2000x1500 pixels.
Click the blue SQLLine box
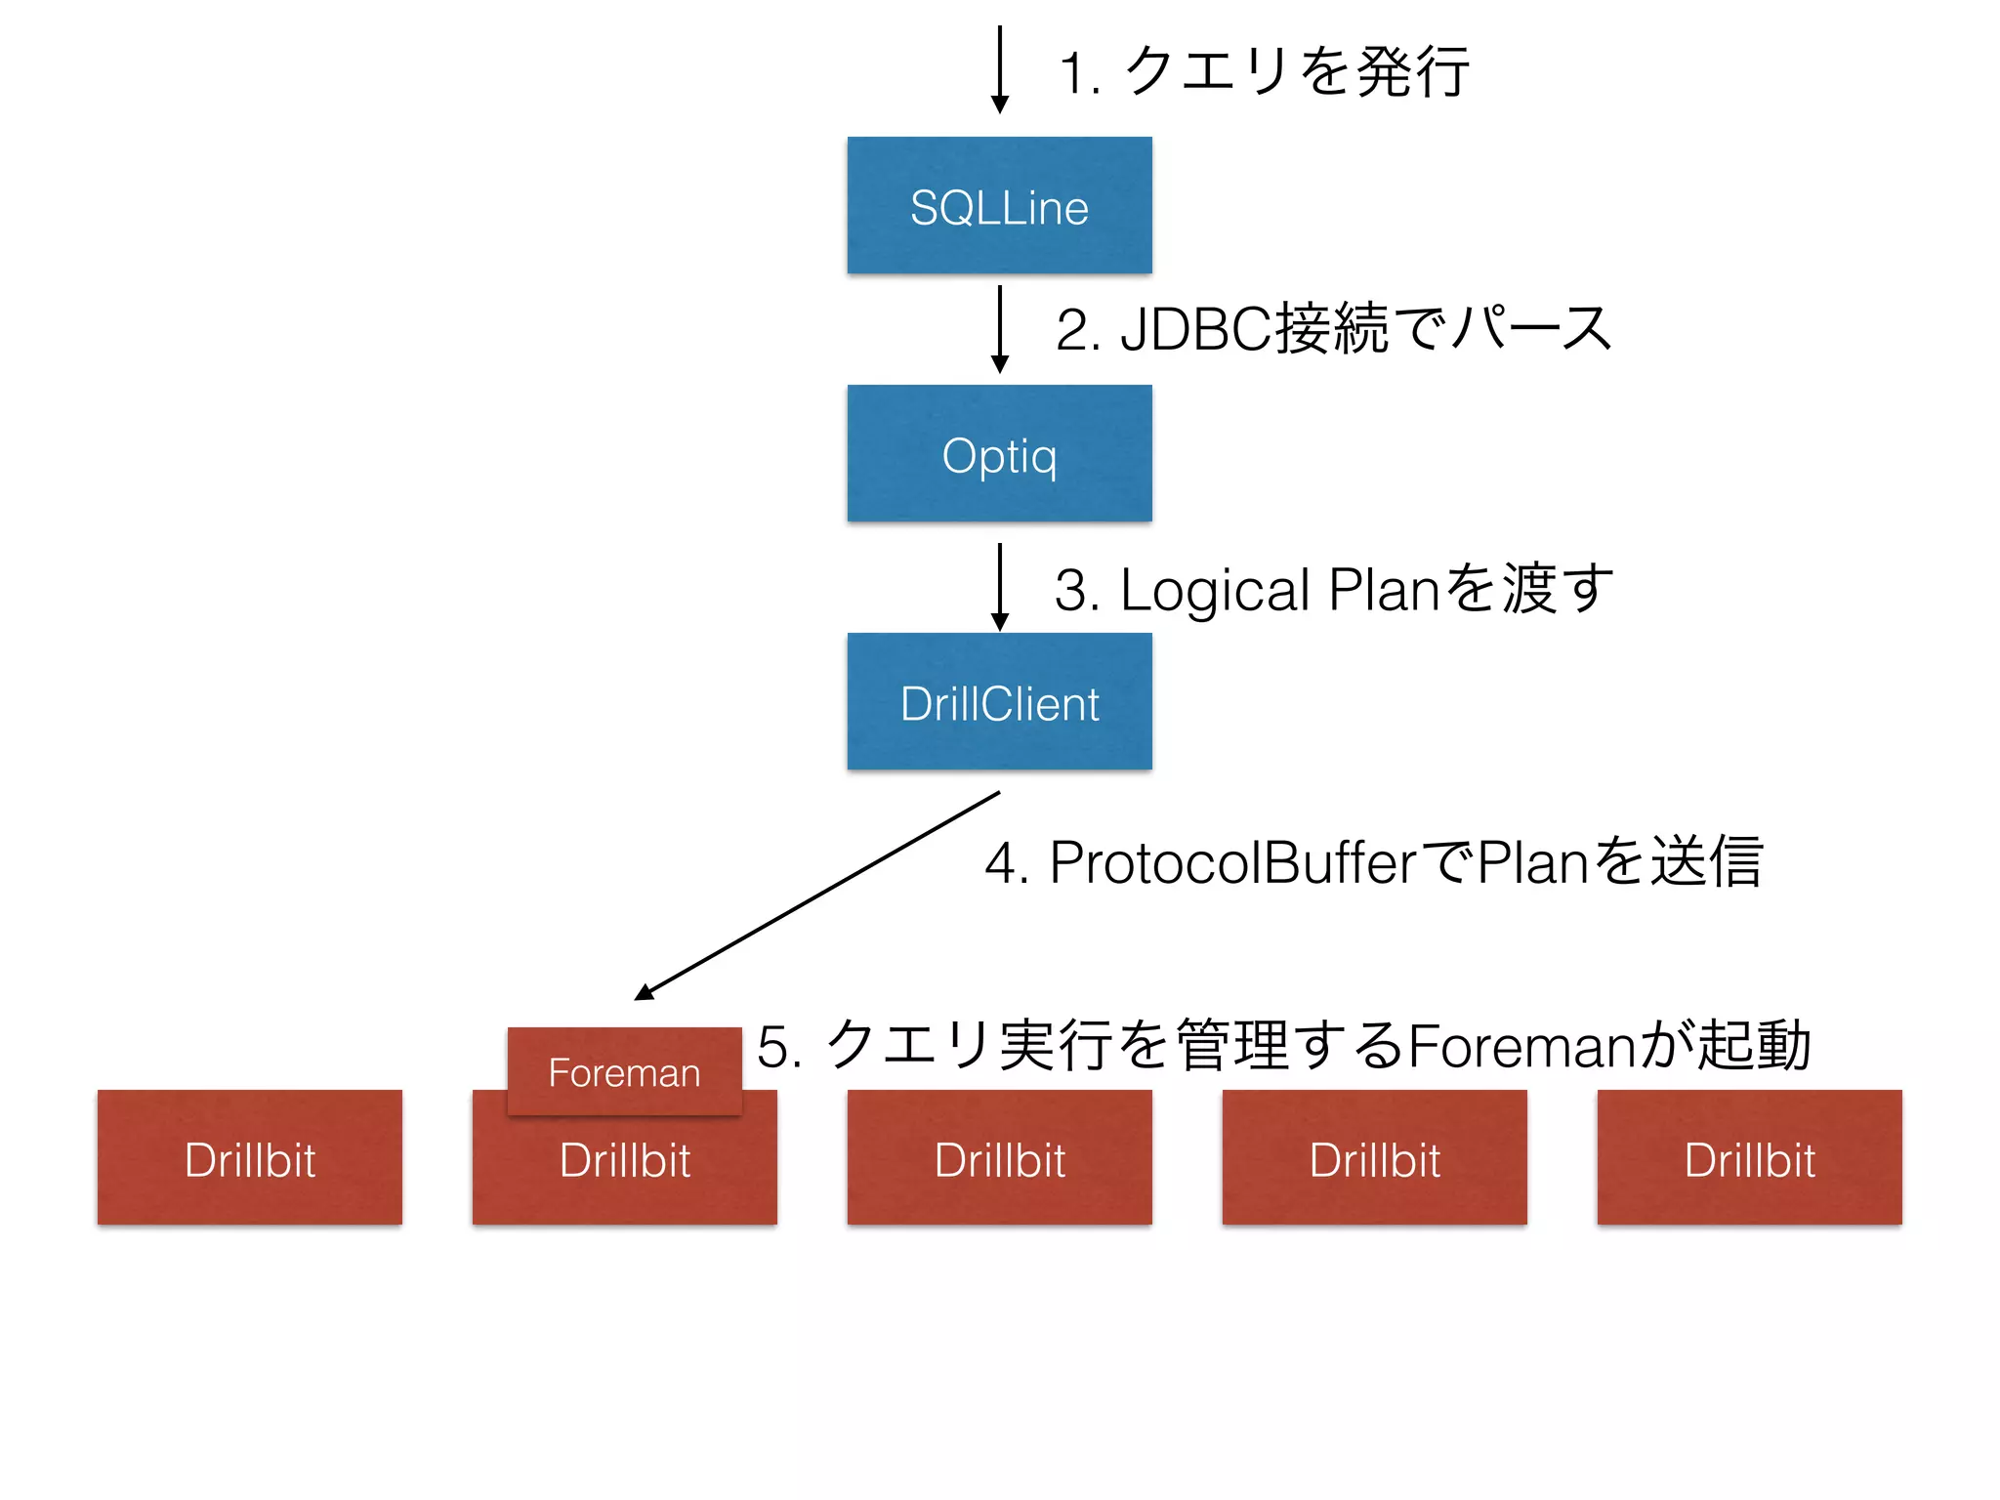(x=999, y=205)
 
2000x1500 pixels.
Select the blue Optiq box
(x=999, y=453)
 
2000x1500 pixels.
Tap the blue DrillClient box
(x=999, y=701)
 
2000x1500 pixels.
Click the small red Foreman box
(x=624, y=1070)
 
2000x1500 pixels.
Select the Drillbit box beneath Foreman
(x=624, y=1172)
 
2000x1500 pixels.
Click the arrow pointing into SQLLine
(x=999, y=68)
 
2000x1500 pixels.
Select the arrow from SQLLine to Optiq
(x=999, y=328)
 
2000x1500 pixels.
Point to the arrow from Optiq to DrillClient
(x=999, y=586)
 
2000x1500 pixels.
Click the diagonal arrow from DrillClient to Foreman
(x=818, y=896)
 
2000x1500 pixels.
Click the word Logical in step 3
(x=1214, y=590)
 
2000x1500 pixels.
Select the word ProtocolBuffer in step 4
(x=1232, y=863)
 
